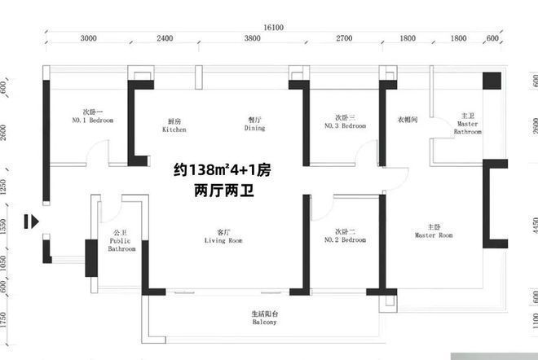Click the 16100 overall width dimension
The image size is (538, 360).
tap(273, 28)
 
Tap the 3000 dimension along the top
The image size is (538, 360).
tap(89, 38)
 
